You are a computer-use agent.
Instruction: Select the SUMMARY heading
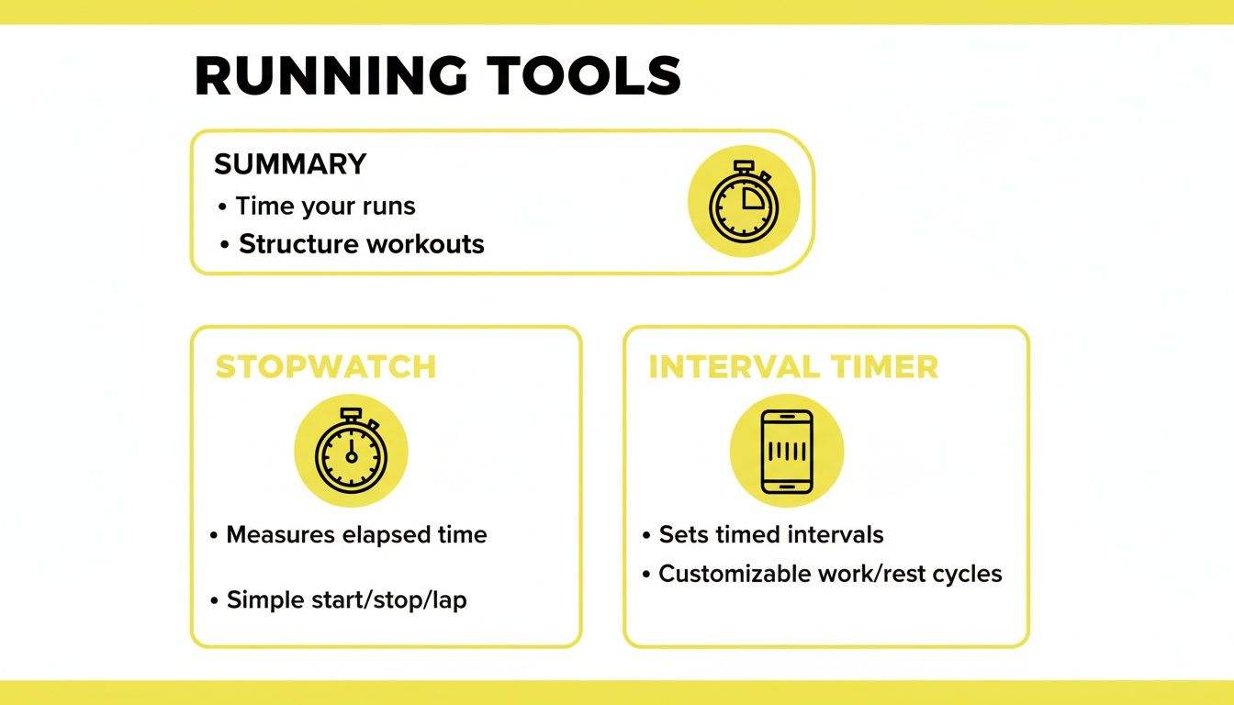290,164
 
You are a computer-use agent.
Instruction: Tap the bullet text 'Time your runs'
325,206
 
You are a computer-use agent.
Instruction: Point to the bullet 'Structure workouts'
361,244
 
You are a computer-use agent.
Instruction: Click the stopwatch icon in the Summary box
744,201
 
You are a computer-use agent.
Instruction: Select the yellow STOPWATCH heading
325,366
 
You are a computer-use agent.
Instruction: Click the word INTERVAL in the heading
721,367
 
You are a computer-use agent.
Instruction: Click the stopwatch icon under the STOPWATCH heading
351,451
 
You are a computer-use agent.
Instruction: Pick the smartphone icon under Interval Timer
787,451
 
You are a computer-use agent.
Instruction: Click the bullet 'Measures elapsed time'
356,534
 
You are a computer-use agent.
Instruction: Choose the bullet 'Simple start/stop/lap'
346,600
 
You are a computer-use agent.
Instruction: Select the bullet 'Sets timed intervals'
771,534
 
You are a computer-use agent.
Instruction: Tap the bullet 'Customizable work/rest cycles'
830,574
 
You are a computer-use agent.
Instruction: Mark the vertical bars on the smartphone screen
787,452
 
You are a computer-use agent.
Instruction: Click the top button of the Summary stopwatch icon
744,165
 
